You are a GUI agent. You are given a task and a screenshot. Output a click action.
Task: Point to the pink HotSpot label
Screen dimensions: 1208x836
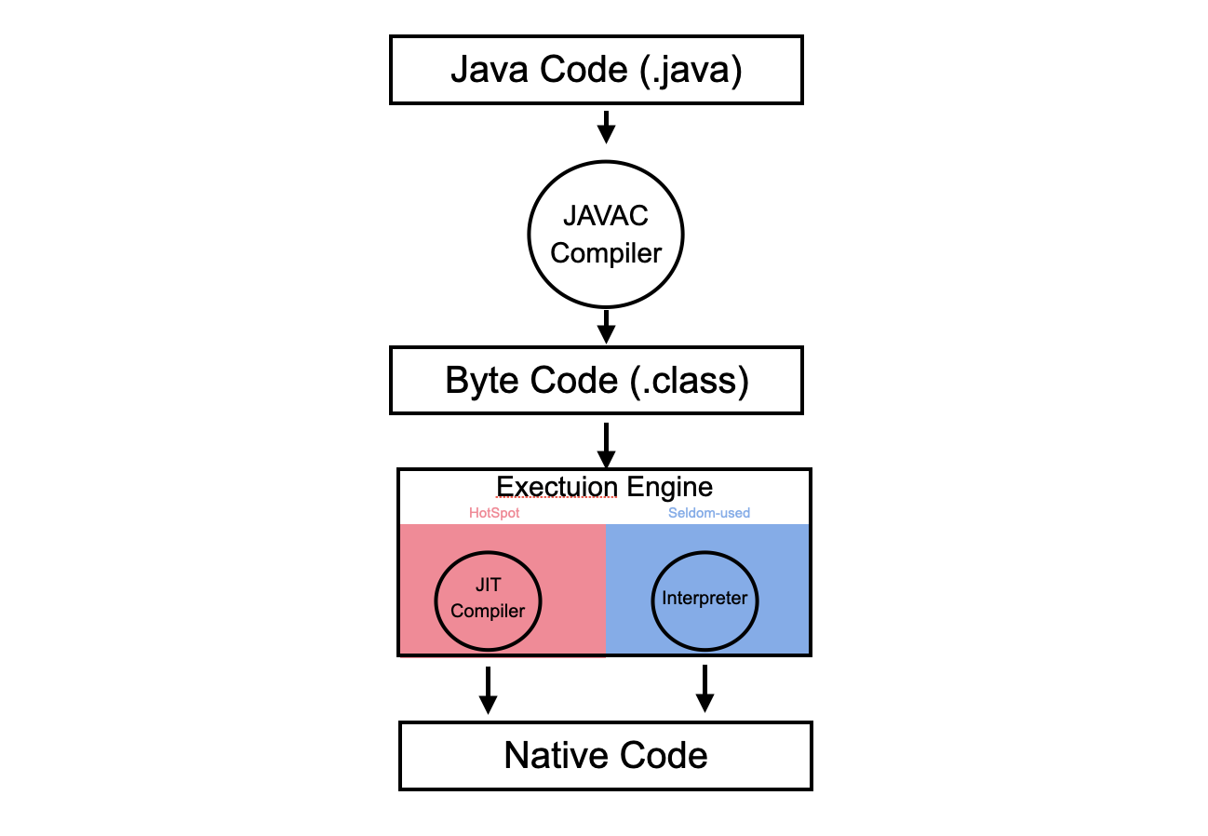point(494,513)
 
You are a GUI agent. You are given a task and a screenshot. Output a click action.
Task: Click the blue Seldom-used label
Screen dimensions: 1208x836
point(709,513)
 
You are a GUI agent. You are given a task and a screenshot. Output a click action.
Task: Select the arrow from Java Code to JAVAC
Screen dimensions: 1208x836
point(606,128)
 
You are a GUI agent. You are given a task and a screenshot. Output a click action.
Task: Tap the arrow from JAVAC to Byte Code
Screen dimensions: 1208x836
point(606,327)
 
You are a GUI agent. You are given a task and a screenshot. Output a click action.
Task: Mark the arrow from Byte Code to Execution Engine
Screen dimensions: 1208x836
point(606,446)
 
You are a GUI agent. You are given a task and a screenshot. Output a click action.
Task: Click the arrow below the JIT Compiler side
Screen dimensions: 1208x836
point(488,691)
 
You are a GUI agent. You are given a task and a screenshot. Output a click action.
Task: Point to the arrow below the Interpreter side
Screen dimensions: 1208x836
point(705,689)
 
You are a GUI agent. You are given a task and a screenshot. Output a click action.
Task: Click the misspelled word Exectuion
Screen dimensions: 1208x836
point(557,487)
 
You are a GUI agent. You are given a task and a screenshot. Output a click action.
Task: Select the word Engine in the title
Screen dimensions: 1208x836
point(670,488)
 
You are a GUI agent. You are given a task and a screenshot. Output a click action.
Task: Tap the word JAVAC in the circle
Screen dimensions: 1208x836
point(606,216)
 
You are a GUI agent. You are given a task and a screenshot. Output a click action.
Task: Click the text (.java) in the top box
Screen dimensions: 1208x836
point(691,70)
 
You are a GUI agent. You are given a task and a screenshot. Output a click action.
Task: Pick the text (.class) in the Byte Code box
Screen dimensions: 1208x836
point(690,381)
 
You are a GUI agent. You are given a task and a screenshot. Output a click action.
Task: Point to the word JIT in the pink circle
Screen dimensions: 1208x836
point(488,585)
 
